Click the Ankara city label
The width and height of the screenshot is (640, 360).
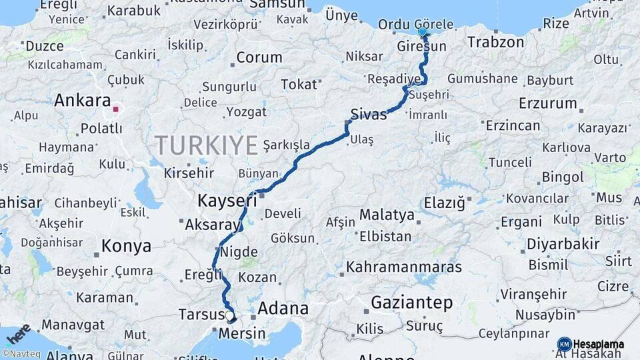coord(82,101)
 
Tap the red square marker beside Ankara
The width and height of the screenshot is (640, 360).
coord(116,109)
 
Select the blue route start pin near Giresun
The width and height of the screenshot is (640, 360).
coord(422,31)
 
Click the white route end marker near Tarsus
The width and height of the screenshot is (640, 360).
coord(229,316)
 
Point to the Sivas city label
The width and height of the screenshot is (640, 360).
coord(369,114)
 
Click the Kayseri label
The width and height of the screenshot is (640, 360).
coord(227,199)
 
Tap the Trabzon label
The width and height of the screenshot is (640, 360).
coord(495,42)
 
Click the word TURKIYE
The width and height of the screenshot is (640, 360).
coord(206,145)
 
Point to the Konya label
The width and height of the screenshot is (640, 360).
coord(126,246)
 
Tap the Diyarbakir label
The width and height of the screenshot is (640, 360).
coord(563,244)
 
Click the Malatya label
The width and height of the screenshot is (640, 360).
coord(387,215)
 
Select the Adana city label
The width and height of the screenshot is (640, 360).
coord(283,308)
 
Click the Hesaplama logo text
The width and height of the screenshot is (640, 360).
coord(599,344)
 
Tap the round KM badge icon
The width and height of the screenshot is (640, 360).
coord(564,344)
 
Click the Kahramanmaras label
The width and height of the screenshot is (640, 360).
coord(404,267)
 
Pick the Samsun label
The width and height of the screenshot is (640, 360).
coord(277,5)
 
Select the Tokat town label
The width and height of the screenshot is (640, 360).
coord(299,84)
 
